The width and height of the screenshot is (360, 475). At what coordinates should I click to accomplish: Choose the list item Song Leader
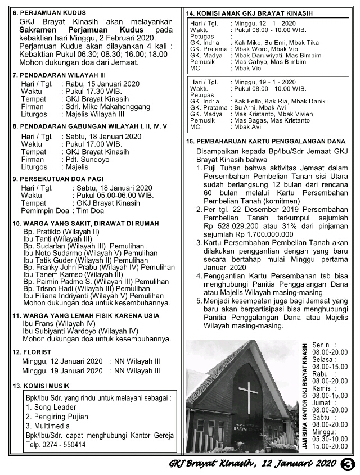[x=51, y=407]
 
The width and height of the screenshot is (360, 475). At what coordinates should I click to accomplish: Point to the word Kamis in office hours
[x=321, y=388]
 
